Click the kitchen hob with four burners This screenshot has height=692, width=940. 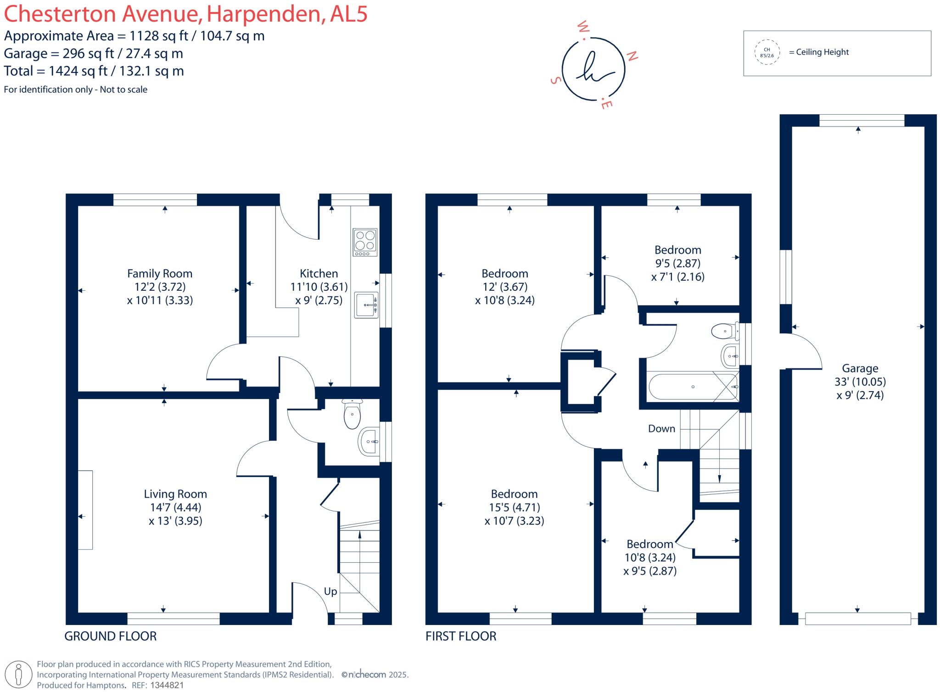(x=365, y=242)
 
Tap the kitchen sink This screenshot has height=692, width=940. (x=366, y=305)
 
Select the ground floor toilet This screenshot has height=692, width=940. (x=352, y=414)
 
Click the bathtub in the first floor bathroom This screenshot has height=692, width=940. (x=693, y=387)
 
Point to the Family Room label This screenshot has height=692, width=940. (x=160, y=274)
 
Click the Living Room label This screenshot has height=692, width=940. (x=175, y=494)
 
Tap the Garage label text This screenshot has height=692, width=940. (x=860, y=368)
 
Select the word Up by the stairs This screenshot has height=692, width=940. (x=330, y=592)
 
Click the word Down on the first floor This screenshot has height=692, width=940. (x=661, y=429)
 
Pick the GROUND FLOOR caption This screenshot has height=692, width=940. (x=111, y=636)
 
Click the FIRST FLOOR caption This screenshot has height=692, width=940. (x=461, y=636)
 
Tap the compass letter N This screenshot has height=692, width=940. (x=632, y=56)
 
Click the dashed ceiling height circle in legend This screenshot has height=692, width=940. (x=767, y=53)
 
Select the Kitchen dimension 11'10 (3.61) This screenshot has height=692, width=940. (x=319, y=287)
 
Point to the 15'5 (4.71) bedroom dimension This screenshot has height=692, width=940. (x=514, y=508)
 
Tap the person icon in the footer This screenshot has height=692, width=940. (x=18, y=675)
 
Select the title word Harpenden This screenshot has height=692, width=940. (x=264, y=14)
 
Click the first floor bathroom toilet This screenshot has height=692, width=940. (x=724, y=331)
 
